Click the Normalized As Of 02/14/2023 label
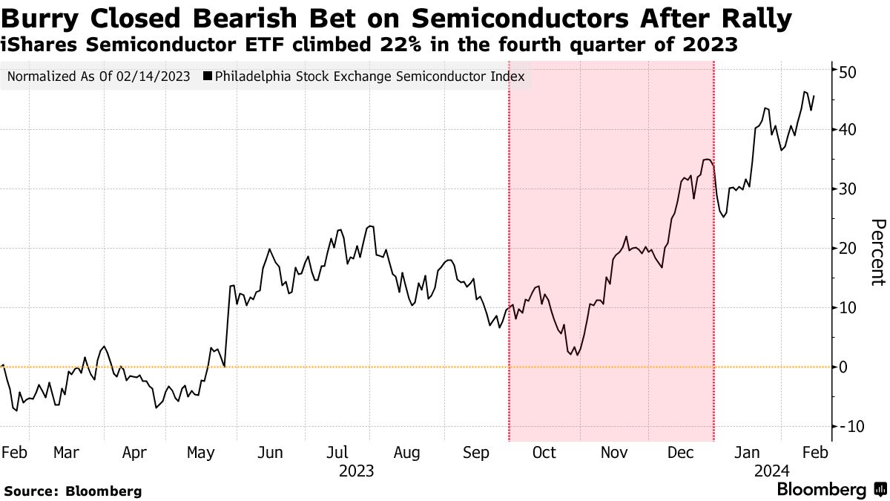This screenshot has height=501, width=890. (98, 76)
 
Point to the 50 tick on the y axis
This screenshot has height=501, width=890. (848, 71)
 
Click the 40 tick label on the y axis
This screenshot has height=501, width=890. (848, 130)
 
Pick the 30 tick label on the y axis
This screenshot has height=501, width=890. (848, 189)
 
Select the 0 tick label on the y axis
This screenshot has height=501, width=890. (844, 367)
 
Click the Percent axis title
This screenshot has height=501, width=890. (877, 252)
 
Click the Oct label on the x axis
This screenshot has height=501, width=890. (544, 453)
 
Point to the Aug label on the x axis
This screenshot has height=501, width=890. (407, 453)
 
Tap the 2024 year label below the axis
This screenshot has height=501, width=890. (771, 471)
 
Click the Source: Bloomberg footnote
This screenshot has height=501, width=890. (73, 491)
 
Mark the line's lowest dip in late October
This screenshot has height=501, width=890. (577, 355)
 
